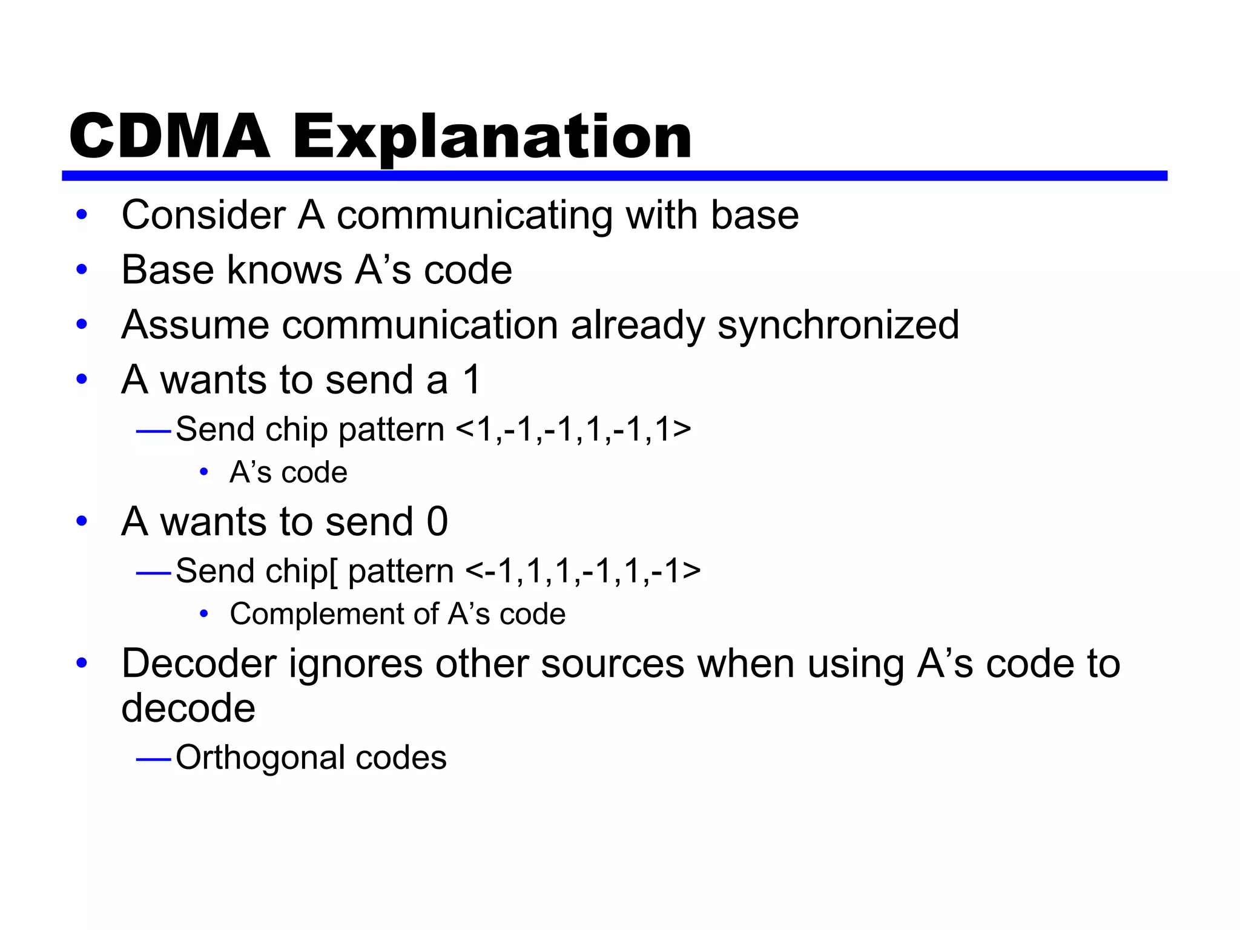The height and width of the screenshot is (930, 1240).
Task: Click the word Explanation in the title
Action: coord(492,138)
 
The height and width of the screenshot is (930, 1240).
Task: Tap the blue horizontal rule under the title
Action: coord(614,176)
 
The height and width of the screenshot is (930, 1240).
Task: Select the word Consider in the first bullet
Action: coord(203,215)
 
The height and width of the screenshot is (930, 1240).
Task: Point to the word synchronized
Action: coord(838,326)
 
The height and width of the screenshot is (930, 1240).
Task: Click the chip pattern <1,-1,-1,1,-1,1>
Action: coord(573,430)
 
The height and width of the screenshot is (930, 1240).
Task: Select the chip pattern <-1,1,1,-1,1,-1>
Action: coord(583,572)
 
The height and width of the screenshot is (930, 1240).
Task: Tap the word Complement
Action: coord(334,615)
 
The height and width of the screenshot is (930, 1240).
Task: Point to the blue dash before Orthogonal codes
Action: coord(154,758)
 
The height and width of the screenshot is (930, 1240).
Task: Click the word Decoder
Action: coord(199,664)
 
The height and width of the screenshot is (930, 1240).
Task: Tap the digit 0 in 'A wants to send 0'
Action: coord(437,521)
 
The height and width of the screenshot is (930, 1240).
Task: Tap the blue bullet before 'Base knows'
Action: coord(82,269)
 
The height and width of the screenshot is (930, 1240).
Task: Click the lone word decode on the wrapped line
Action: coord(188,708)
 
